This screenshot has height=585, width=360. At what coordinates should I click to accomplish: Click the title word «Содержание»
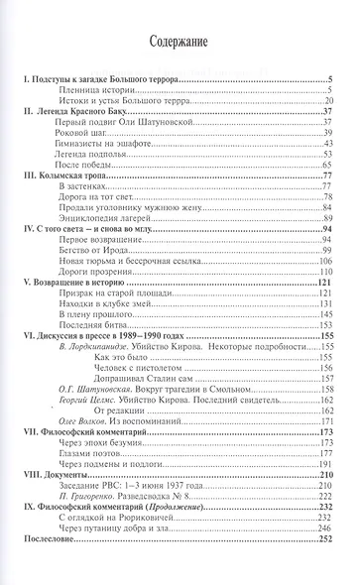(179, 43)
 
